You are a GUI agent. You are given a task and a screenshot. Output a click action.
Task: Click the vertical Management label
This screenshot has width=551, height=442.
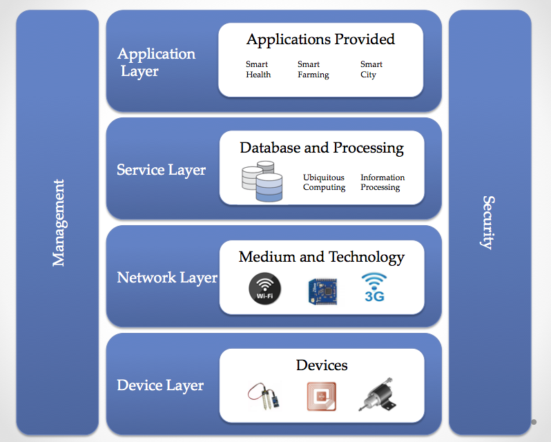[x=59, y=222]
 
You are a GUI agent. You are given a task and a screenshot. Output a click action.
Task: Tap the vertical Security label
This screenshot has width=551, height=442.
[x=488, y=222]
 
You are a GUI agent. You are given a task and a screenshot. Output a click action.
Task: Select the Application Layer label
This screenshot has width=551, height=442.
[x=156, y=62]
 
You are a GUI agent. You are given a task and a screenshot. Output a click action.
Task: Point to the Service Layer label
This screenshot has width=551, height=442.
[x=162, y=169]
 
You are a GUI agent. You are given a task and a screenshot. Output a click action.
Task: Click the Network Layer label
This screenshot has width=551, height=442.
[x=167, y=278]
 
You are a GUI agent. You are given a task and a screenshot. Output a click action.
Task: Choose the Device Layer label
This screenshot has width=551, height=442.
[x=160, y=385]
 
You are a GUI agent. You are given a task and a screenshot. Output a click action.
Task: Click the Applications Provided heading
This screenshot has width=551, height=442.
[x=320, y=39]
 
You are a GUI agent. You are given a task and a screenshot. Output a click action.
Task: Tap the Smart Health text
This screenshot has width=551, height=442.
[x=258, y=69]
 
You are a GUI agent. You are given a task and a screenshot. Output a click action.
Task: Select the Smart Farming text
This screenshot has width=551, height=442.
[x=313, y=69]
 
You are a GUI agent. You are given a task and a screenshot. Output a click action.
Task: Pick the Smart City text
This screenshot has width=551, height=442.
[x=371, y=69]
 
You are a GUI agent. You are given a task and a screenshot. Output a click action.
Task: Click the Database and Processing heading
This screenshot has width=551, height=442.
[x=322, y=148]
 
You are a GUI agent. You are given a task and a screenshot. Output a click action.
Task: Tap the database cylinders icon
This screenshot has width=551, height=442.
[x=262, y=182]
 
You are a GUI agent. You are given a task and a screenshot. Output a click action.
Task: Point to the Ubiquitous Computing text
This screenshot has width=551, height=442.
[x=324, y=182]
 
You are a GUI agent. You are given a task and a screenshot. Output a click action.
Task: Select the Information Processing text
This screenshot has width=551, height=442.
[x=383, y=182]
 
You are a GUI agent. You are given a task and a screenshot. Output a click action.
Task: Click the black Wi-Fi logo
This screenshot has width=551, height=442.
[x=265, y=289]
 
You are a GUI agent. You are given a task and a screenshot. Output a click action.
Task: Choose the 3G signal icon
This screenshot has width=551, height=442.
[x=374, y=287]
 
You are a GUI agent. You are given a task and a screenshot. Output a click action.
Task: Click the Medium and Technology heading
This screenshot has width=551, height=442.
[x=322, y=257]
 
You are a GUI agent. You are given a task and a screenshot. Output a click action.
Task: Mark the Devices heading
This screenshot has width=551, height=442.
[x=322, y=365]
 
